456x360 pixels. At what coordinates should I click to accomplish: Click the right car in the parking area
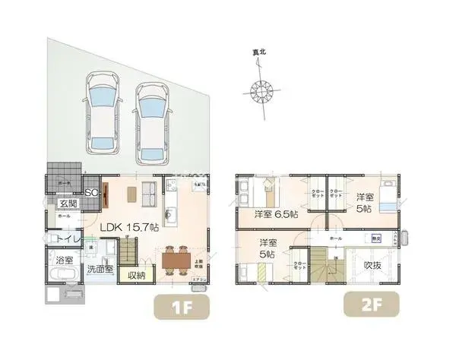154,122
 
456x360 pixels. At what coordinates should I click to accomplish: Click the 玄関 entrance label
68,204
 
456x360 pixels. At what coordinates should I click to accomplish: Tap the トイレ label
62,238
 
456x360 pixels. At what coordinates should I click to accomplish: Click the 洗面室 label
99,269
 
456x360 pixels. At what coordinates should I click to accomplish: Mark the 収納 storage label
136,275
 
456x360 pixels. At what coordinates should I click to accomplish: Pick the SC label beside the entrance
90,192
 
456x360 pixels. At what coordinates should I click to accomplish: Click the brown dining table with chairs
175,259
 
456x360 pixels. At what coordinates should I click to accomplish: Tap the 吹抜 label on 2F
373,266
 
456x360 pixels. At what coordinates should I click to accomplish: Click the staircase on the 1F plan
128,247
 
